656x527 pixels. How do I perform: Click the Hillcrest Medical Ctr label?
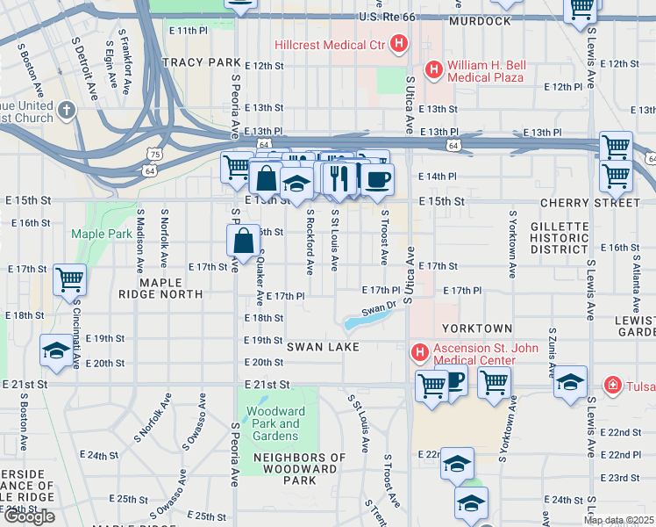pyautogui.click(x=331, y=43)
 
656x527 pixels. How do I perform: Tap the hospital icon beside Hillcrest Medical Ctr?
pyautogui.click(x=399, y=43)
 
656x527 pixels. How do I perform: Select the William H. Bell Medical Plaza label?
pyautogui.click(x=486, y=71)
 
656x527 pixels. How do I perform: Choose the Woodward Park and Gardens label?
pyautogui.click(x=273, y=423)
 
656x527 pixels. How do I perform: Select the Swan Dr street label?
pyautogui.click(x=380, y=309)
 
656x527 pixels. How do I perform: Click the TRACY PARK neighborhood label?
pyautogui.click(x=200, y=63)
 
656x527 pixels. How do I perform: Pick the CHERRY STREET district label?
pyautogui.click(x=590, y=203)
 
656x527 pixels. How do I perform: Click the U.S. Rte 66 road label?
pyautogui.click(x=391, y=18)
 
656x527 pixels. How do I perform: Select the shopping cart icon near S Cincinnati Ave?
pyautogui.click(x=69, y=280)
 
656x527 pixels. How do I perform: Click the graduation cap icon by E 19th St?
pyautogui.click(x=57, y=350)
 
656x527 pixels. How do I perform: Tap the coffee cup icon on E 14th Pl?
pyautogui.click(x=378, y=180)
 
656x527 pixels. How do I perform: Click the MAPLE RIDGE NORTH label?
pyautogui.click(x=160, y=289)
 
